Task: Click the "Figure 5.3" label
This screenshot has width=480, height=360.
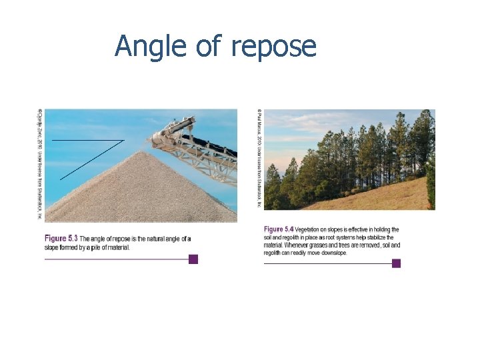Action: [61, 239]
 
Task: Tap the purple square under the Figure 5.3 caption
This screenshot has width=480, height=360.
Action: [193, 259]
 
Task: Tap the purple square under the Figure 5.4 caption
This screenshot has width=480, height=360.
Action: [396, 263]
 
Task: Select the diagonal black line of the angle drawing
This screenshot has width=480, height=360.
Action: [91, 160]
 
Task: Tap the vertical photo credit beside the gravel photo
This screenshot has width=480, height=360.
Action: [39, 163]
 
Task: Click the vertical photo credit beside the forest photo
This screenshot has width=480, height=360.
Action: [258, 159]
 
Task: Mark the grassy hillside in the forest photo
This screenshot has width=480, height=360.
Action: [373, 196]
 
